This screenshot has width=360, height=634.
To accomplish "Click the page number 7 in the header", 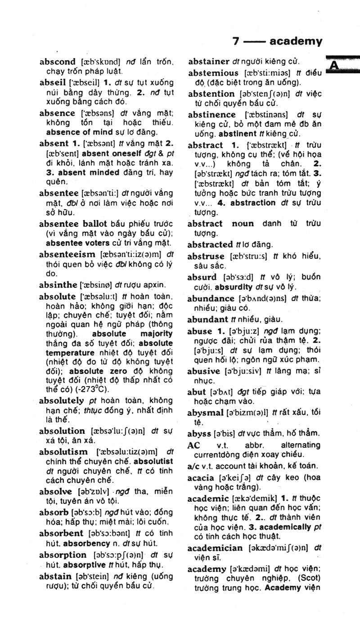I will [236, 42].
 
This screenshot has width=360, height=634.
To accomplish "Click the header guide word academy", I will [296, 42].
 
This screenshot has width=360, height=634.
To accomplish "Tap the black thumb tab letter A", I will [334, 66].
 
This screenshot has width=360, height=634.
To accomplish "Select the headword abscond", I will [58, 62].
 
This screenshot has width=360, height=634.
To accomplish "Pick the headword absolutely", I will [61, 400].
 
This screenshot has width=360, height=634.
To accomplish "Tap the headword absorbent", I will [61, 533].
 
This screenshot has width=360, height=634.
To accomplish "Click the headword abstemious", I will [213, 73].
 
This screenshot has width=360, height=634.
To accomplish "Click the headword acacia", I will [201, 477].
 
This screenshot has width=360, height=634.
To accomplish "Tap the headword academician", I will [216, 548].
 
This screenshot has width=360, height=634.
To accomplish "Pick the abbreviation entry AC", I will [193, 445].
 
